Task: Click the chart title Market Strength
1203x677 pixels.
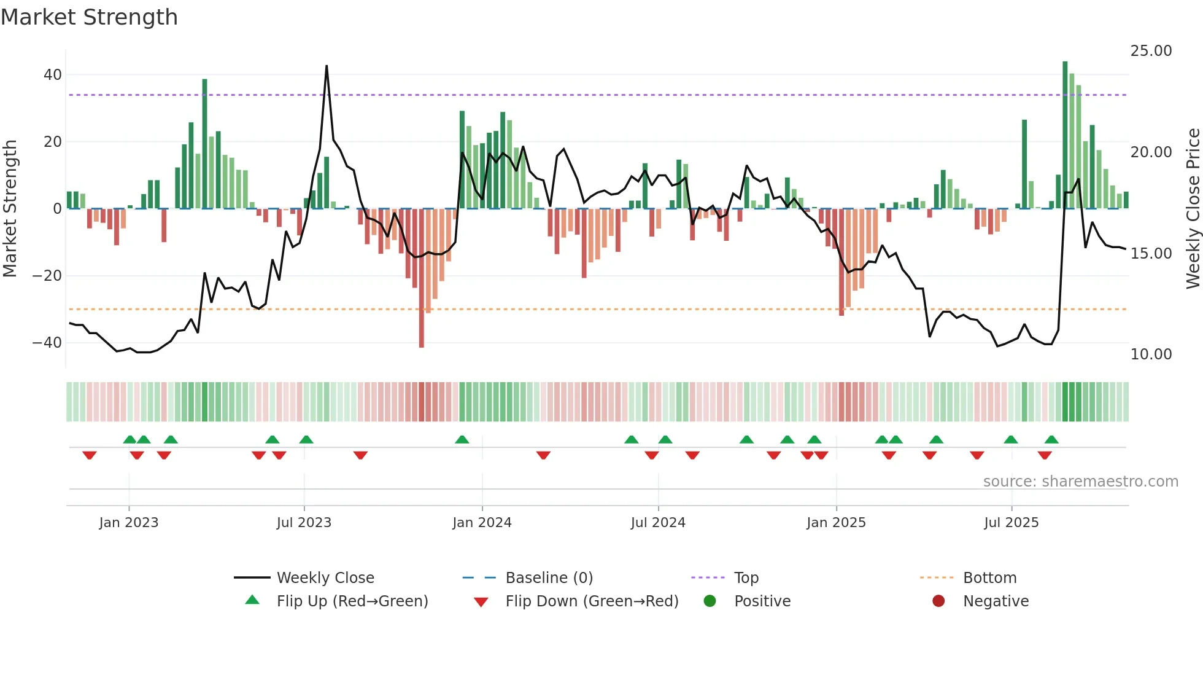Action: tap(89, 17)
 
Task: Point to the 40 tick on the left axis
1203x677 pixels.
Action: tap(52, 75)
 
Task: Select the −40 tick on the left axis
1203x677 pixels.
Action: tap(47, 343)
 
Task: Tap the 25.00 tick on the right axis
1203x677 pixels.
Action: tap(1151, 51)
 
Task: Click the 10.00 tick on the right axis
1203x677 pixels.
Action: tap(1151, 354)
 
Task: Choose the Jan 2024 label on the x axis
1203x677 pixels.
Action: tap(482, 523)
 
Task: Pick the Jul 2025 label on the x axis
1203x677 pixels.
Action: tap(1011, 523)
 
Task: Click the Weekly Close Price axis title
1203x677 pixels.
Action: tap(1193, 209)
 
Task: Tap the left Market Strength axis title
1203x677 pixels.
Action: tap(10, 209)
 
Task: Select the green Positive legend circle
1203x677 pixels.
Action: tap(710, 601)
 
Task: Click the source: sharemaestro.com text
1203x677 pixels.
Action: tap(1080, 482)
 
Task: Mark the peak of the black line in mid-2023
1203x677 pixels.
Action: tap(327, 66)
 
